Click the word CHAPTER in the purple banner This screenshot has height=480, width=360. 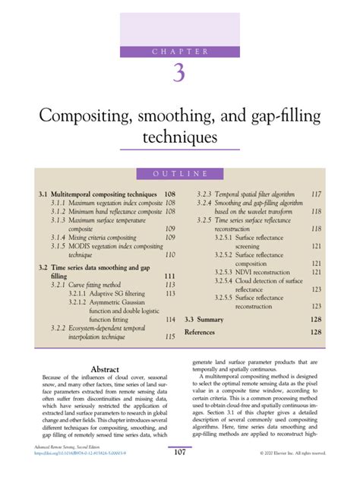[x=180, y=51]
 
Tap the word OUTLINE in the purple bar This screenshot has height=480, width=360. [x=180, y=175]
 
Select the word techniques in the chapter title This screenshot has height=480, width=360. [x=180, y=138]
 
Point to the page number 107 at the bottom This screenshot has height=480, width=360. [x=180, y=453]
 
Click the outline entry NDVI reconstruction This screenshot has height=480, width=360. [x=249, y=271]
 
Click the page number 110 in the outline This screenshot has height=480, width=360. [x=170, y=255]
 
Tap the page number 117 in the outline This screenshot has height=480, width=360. [x=316, y=194]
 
